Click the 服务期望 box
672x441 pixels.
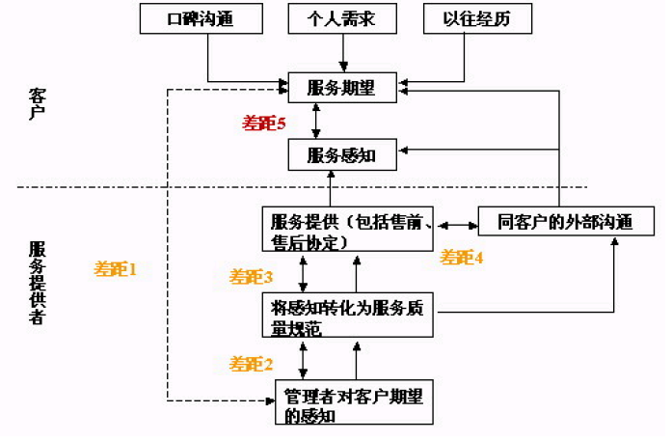tap(341, 88)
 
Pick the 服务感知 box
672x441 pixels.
tap(341, 153)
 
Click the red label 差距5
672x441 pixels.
tap(263, 123)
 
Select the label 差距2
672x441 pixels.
tap(251, 364)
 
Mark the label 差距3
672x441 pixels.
tap(251, 277)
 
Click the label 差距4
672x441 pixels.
tap(462, 258)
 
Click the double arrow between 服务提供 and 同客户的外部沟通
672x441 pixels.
tap(459, 227)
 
